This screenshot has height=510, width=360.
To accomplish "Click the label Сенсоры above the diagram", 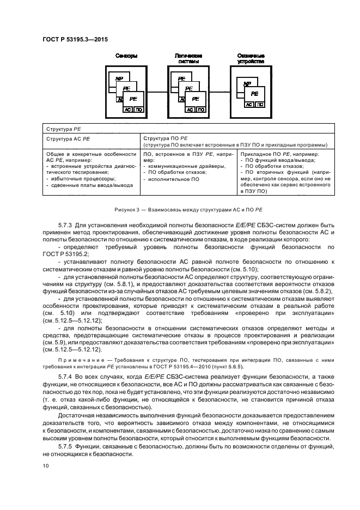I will [126, 56].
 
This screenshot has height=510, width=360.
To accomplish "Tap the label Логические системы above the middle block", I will [188, 58].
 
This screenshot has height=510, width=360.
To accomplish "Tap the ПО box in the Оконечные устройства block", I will [259, 104].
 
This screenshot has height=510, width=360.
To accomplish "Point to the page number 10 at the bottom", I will [45, 466].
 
